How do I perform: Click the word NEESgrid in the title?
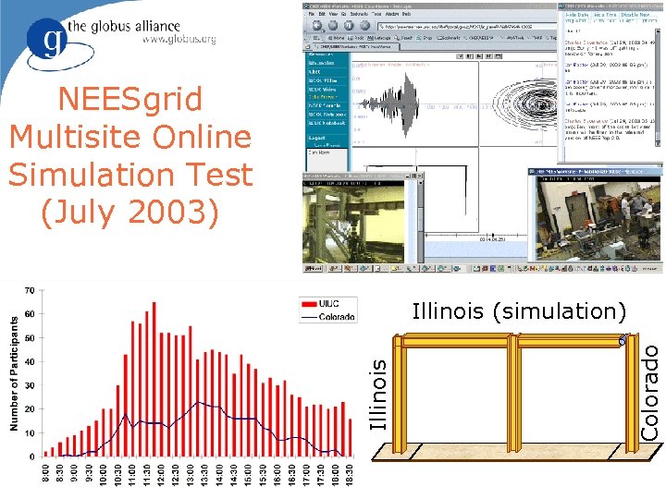[x=130, y=100]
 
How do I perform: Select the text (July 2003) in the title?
[x=130, y=211]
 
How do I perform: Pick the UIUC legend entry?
[x=327, y=303]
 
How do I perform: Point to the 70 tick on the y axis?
[x=29, y=290]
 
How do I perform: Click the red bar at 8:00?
[x=46, y=453]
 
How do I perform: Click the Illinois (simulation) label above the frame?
[x=519, y=310]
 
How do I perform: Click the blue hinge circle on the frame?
[x=623, y=341]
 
